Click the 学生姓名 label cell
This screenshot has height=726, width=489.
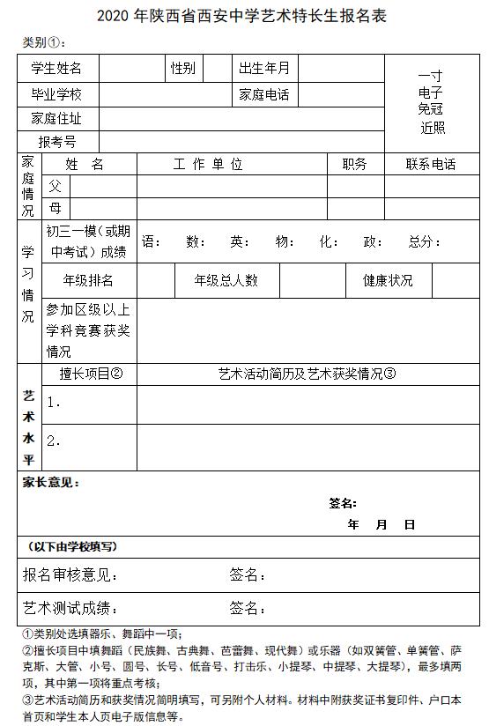click(x=56, y=69)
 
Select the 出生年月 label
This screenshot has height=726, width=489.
click(x=264, y=69)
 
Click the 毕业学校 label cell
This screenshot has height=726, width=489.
click(x=56, y=94)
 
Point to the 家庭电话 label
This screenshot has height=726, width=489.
click(x=264, y=94)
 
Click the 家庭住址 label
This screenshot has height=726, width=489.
click(x=56, y=119)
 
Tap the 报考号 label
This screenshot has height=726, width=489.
click(x=56, y=141)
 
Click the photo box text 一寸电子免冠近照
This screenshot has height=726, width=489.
click(x=431, y=102)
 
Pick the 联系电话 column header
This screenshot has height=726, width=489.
click(x=431, y=165)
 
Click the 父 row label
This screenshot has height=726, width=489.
click(x=56, y=186)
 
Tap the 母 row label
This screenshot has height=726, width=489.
click(x=56, y=209)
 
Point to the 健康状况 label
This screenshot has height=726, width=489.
click(x=388, y=280)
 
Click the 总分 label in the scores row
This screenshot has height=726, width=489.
click(x=426, y=242)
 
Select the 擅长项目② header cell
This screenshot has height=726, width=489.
click(x=91, y=374)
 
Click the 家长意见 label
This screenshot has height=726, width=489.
click(x=50, y=483)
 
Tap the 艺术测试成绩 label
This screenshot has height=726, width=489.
click(x=70, y=608)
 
